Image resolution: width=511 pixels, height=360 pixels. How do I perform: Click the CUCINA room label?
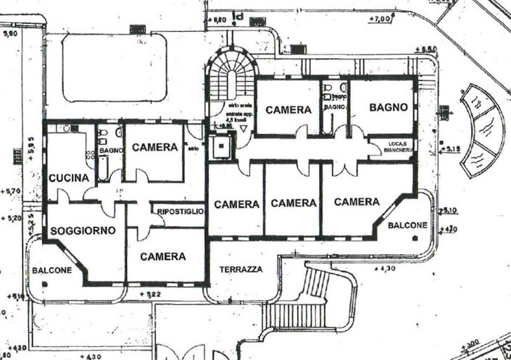click(x=69, y=177)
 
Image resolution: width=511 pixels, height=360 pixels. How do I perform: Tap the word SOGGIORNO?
click(x=83, y=230)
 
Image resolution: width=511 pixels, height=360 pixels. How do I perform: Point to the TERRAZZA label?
click(x=240, y=269)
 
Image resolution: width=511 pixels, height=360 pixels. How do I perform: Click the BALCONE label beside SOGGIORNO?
click(x=51, y=270)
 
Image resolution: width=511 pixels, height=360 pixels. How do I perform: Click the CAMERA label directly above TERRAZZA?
click(x=236, y=204)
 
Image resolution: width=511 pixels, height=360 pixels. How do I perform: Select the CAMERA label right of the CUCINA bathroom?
click(x=155, y=147)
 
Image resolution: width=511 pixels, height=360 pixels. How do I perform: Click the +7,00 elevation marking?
click(x=381, y=18)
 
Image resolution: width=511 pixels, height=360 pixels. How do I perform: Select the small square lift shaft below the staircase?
click(x=220, y=145)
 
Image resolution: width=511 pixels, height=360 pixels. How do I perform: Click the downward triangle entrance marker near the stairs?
click(x=244, y=127)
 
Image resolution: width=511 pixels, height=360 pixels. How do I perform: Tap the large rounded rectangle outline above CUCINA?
click(x=114, y=69)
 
